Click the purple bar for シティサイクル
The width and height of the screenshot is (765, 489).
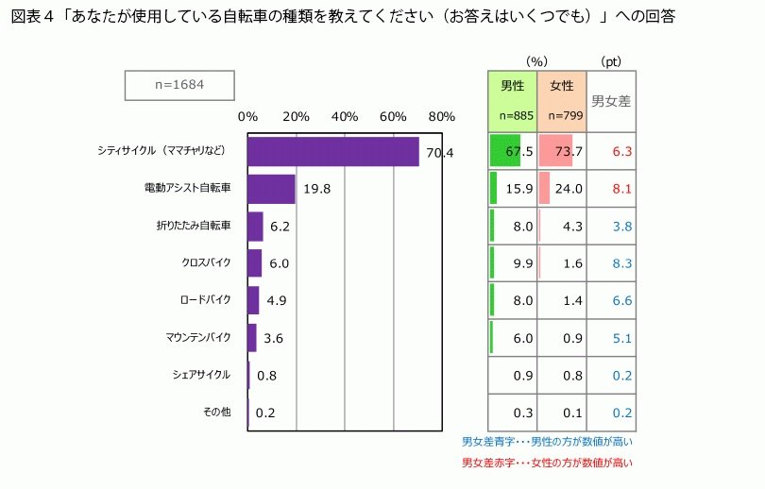coord(332,152)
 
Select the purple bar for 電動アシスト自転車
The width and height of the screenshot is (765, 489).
coord(271,189)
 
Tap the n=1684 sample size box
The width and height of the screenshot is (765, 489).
coord(179,85)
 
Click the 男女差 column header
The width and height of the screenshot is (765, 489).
coord(611,100)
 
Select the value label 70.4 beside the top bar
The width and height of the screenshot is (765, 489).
coord(440,152)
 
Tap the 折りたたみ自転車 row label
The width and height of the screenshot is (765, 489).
coord(194,226)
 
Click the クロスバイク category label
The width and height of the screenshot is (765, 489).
coord(206,262)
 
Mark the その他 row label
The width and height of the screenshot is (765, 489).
coord(217,411)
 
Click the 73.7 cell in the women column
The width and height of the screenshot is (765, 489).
coord(569,151)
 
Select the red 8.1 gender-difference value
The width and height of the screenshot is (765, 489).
coord(621,189)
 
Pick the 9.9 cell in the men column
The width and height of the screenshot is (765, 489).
coord(524,263)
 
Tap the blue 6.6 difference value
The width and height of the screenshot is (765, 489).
coord(621,300)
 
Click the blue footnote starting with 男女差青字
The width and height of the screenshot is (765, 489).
coord(547,441)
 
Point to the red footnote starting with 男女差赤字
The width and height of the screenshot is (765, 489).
coord(547,463)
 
